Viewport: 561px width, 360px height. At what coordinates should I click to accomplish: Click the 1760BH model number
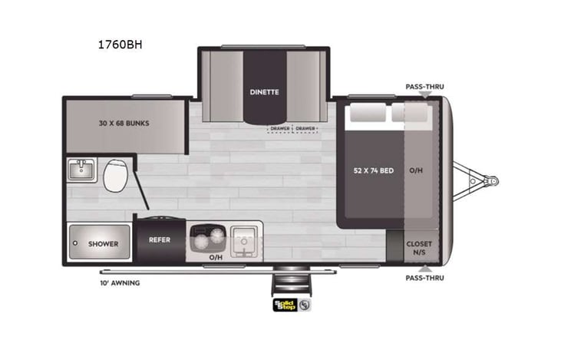coord(120,45)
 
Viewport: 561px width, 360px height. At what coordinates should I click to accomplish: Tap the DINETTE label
coord(263,92)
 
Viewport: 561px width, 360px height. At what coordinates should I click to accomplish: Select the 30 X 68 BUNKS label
coord(124,124)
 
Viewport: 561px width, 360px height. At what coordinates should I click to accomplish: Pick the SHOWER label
coord(103,244)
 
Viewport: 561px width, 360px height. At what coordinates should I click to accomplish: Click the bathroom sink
coord(81,170)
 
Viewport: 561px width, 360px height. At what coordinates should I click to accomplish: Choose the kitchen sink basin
coord(243,239)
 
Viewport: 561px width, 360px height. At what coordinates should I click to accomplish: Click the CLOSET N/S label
coord(418,247)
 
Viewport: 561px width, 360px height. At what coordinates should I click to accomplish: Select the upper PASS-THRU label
coord(424,88)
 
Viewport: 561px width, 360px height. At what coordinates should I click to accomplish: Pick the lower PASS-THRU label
coord(424,278)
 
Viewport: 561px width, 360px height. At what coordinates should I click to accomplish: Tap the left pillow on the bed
coord(365,114)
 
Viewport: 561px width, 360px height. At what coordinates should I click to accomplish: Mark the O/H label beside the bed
coord(417,170)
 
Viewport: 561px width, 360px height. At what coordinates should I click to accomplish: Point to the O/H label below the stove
coord(216,258)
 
